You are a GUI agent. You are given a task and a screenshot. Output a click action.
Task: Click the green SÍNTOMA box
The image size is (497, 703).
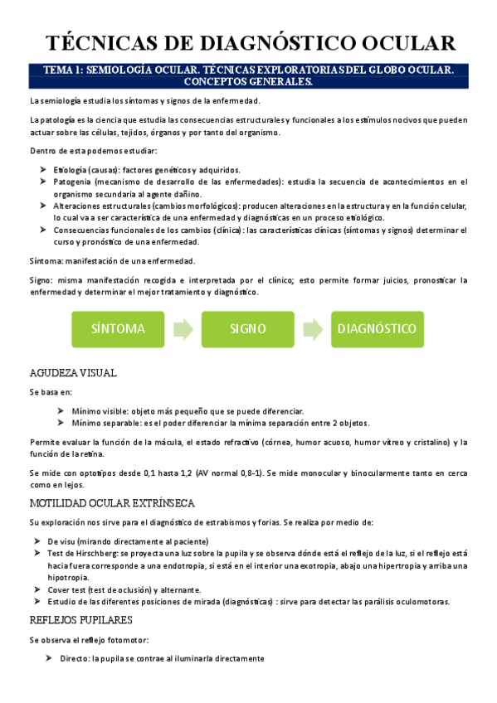(119, 328)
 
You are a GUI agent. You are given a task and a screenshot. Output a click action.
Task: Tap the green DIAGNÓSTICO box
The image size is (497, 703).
(377, 328)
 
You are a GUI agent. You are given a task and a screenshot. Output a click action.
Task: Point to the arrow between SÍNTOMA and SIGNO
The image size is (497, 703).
(183, 328)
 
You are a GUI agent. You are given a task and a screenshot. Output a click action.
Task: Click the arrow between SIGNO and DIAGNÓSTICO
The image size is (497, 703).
(313, 328)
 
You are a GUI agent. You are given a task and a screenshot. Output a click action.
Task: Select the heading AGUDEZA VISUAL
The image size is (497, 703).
(73, 372)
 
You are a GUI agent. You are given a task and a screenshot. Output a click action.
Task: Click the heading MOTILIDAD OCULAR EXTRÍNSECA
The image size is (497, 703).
(112, 503)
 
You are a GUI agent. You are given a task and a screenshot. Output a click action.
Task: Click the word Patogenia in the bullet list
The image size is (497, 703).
(73, 181)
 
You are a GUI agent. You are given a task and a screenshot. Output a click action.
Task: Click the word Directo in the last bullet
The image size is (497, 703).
(76, 658)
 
